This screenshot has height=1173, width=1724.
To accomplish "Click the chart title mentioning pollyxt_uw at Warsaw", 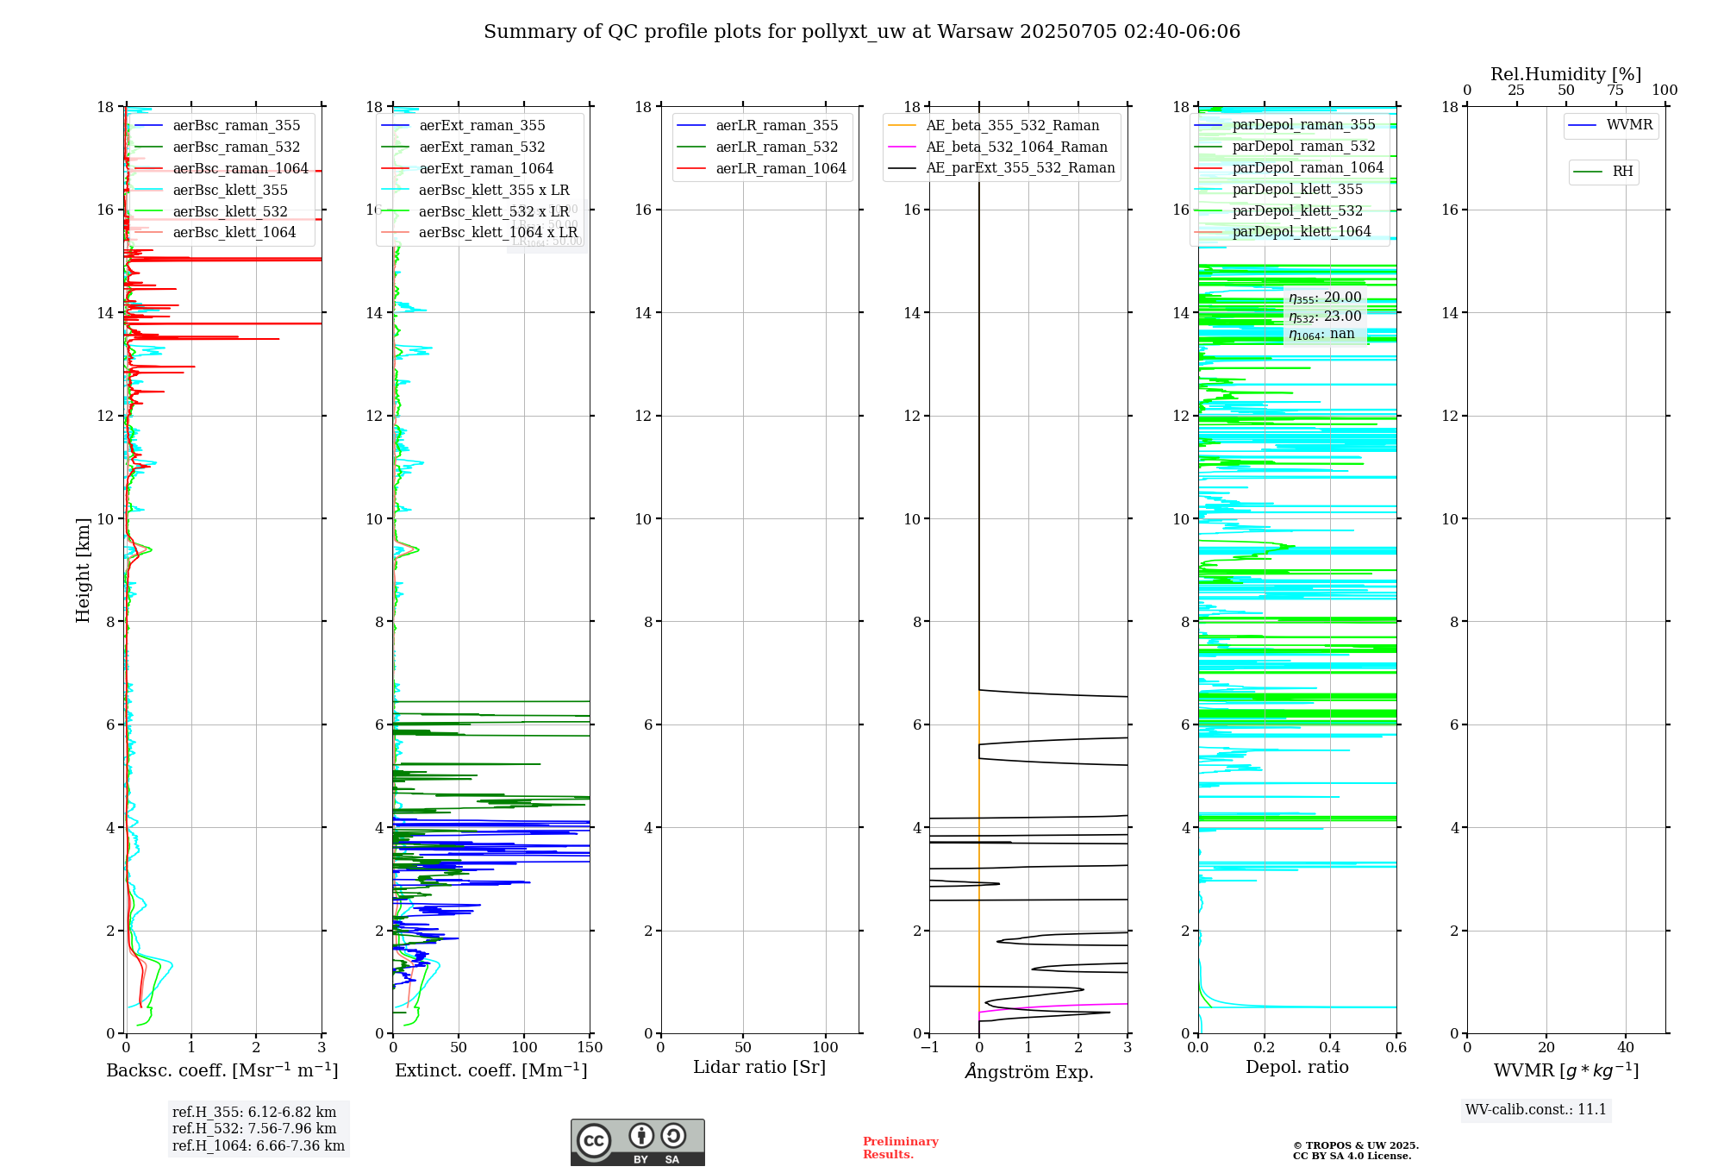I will tap(862, 32).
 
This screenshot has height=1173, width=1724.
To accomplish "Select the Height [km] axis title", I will tap(83, 570).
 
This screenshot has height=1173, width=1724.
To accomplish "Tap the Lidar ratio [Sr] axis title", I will tap(759, 1068).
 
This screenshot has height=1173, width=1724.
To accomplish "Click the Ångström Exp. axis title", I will tap(1029, 1072).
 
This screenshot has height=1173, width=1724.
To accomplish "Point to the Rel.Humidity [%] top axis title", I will tap(1565, 74).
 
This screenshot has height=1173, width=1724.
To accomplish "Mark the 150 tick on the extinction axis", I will tap(590, 1048).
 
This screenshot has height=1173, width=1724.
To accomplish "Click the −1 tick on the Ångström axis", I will tap(929, 1048).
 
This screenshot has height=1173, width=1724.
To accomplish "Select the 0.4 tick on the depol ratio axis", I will tap(1330, 1048).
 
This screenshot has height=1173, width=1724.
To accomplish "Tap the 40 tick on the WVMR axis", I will tap(1626, 1048).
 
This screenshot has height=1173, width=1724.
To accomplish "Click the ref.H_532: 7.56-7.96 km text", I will tap(254, 1129).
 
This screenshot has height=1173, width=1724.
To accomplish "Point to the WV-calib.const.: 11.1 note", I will tap(1536, 1110).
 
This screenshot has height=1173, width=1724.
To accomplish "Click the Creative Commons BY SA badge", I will tap(637, 1142).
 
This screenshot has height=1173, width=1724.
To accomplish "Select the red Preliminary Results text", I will tap(900, 1148).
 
